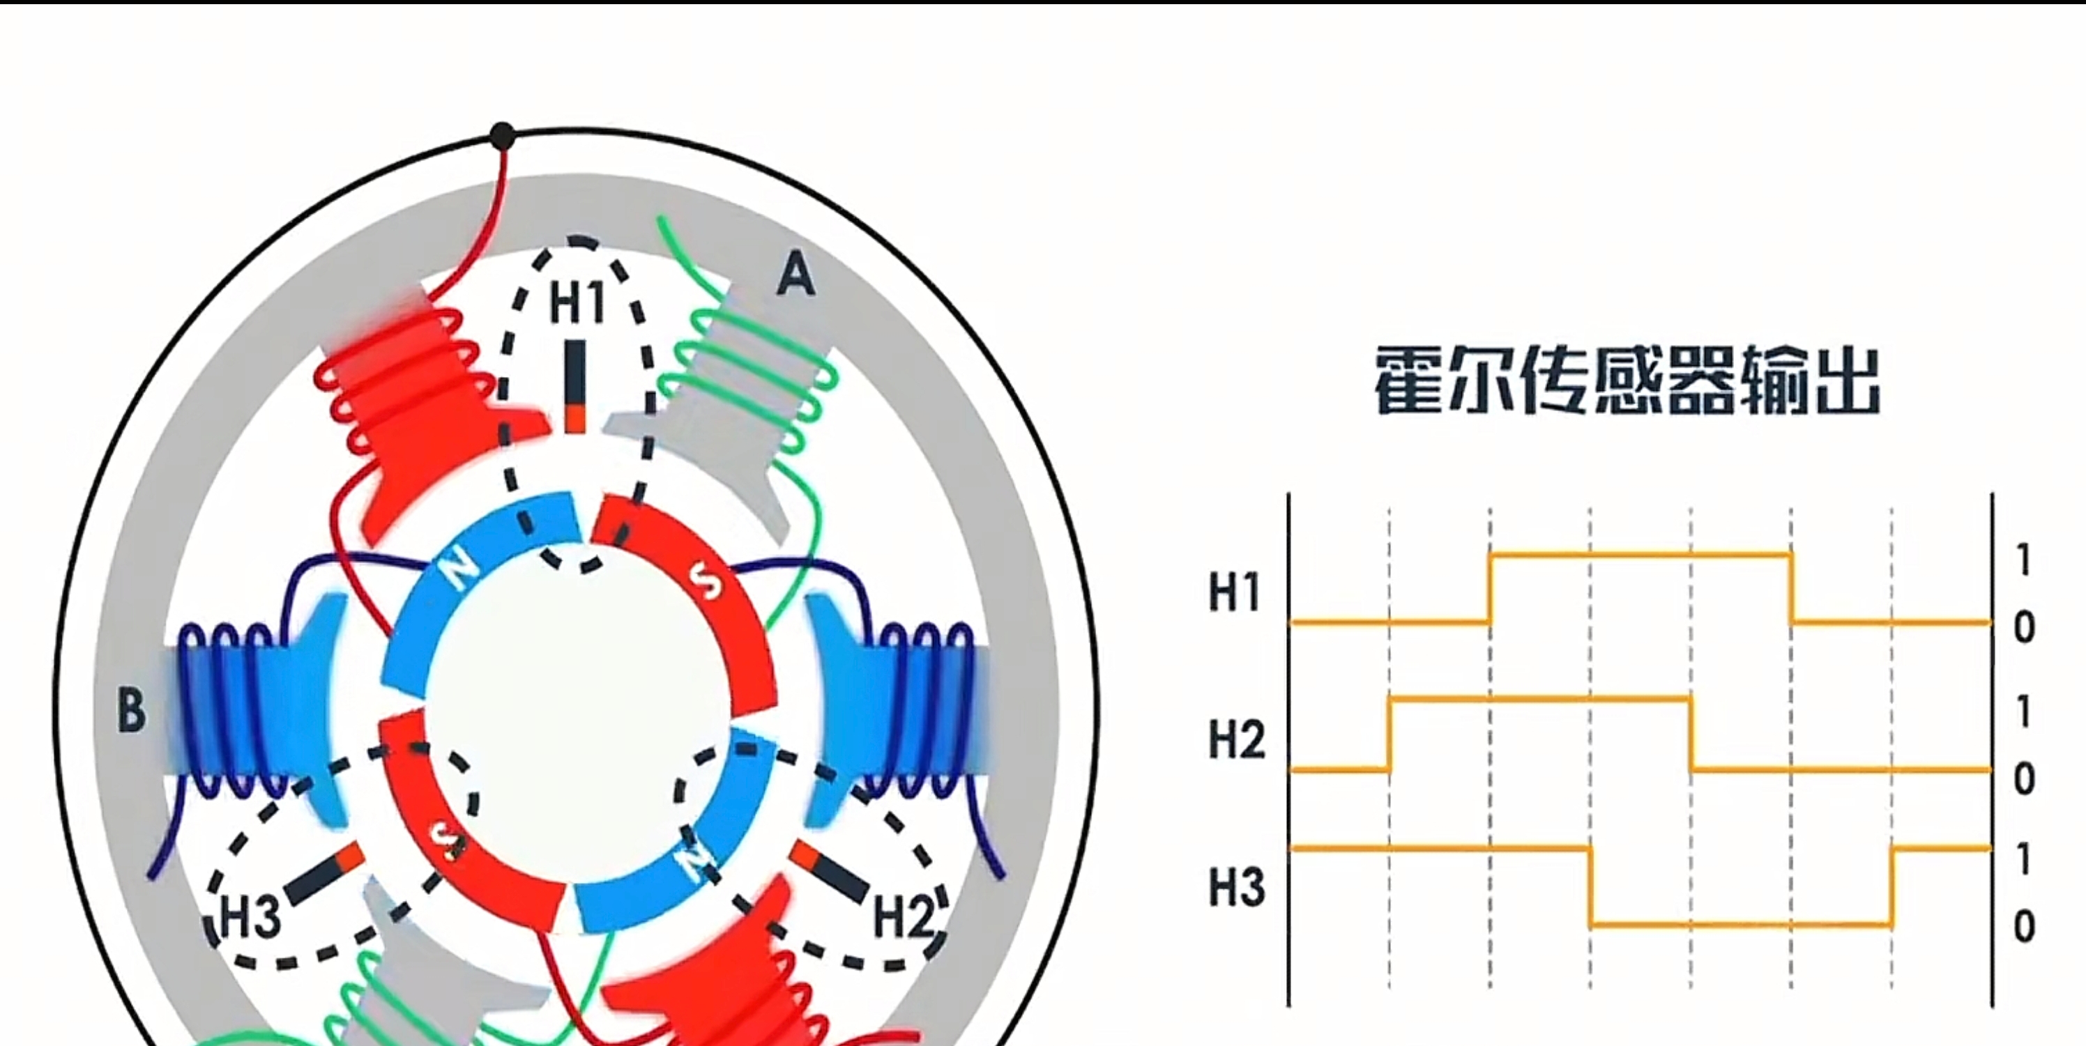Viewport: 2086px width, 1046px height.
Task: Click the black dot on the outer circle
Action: tap(503, 136)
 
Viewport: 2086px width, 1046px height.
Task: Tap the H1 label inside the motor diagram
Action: tap(577, 302)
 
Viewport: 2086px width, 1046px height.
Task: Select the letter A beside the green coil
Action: tap(796, 274)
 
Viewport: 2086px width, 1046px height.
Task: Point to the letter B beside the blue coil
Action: tap(132, 710)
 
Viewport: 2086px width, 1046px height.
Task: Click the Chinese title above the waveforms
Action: tap(1626, 380)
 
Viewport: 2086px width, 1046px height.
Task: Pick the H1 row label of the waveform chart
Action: tap(1235, 592)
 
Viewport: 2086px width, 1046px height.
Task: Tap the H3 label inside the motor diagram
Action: tap(251, 917)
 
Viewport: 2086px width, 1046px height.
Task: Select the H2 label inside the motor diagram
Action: tap(904, 917)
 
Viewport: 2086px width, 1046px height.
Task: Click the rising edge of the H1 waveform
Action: tap(1491, 589)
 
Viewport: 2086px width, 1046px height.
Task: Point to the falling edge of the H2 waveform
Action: tap(1691, 734)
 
